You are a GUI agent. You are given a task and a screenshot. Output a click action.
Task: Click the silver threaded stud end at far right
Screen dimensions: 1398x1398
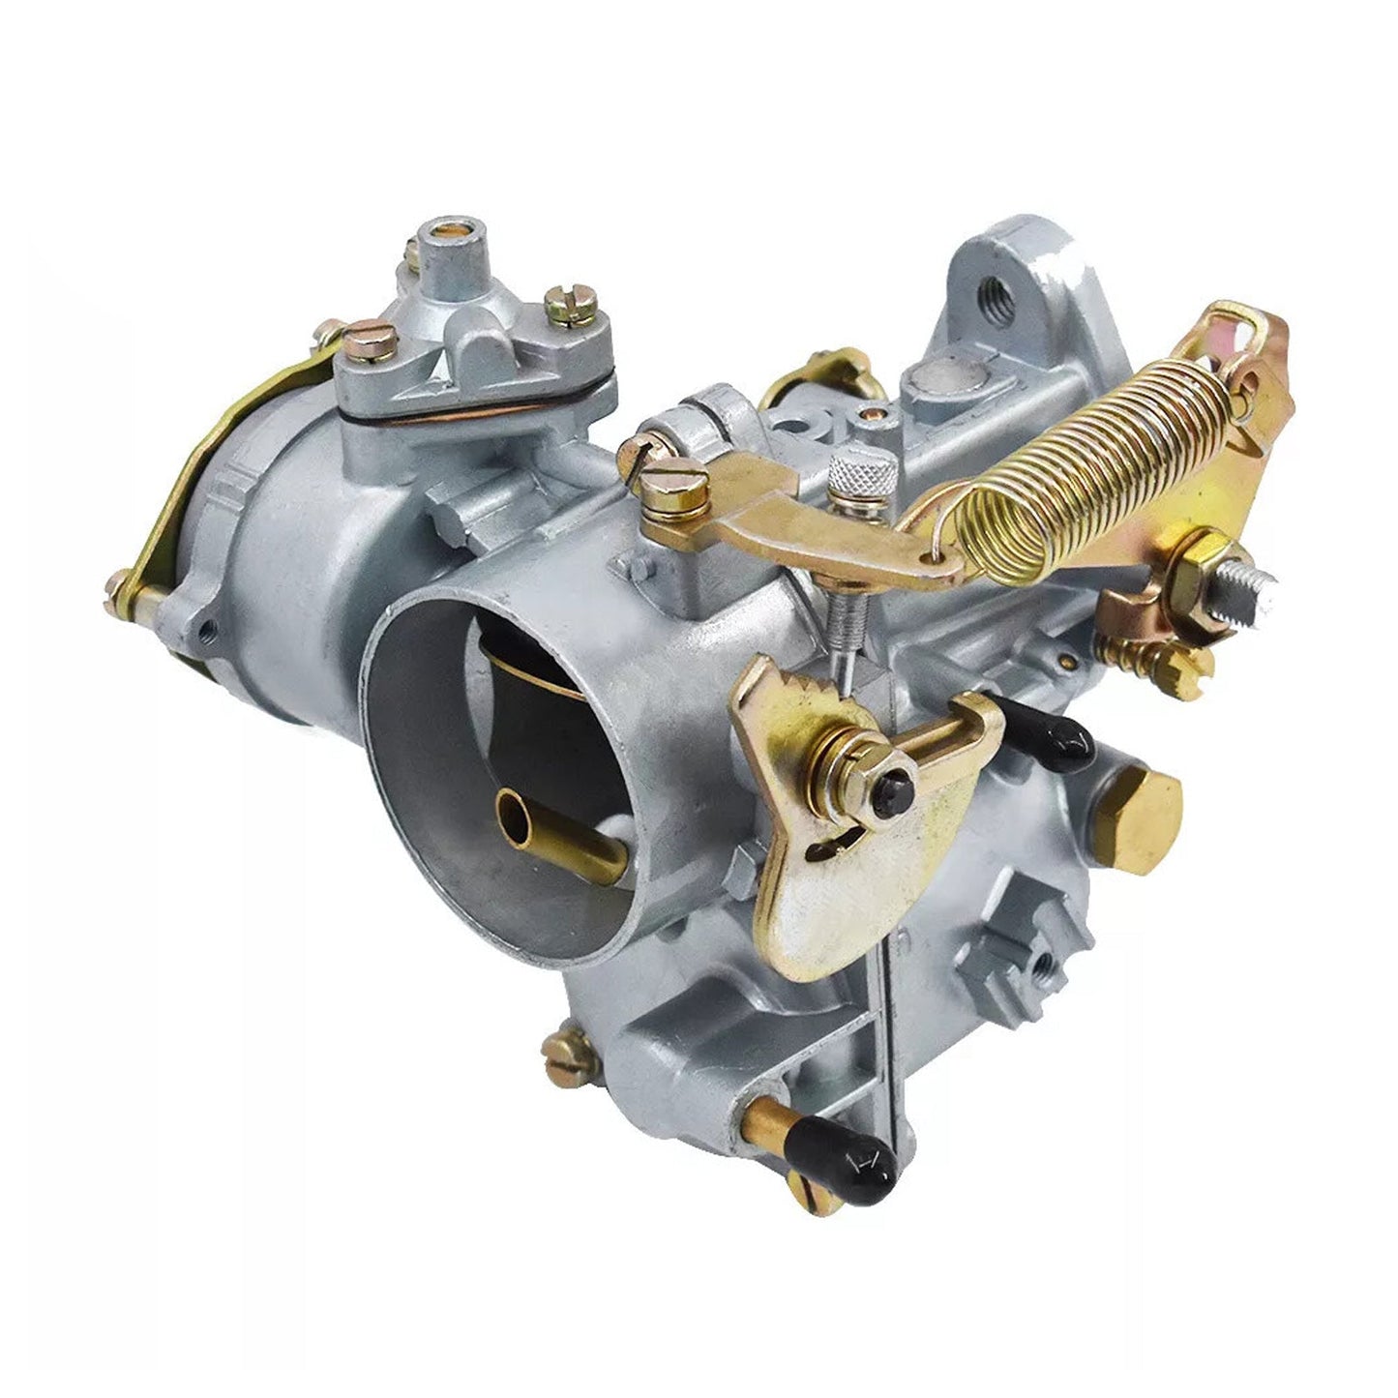pyautogui.click(x=1253, y=587)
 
